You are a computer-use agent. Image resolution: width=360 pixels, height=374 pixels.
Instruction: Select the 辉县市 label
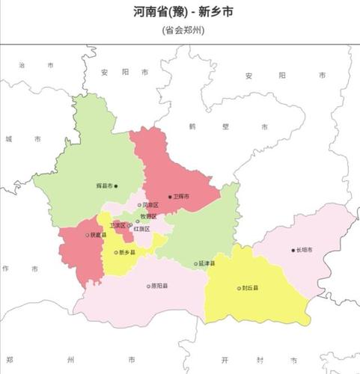point(104,186)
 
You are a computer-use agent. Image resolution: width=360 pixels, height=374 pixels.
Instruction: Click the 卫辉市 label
point(181,197)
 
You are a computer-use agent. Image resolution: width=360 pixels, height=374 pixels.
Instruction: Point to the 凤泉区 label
point(150,205)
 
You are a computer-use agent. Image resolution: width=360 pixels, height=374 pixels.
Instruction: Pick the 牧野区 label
point(149,216)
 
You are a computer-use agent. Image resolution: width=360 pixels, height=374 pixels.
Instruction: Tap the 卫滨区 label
point(118,225)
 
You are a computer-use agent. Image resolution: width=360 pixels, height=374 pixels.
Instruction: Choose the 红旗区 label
point(142,229)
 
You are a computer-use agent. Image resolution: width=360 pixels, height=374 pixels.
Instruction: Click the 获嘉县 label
point(98,235)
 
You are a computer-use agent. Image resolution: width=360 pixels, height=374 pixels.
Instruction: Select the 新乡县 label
point(127,253)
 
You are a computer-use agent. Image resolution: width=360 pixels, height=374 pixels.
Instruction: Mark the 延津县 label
point(207,263)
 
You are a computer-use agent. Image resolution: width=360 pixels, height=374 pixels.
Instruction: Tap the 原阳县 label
point(159,286)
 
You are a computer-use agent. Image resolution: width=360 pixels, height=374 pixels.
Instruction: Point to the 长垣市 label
point(305,250)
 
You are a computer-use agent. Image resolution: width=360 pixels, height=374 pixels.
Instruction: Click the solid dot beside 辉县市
point(115,186)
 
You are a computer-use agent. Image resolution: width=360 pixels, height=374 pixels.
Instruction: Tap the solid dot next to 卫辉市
point(170,197)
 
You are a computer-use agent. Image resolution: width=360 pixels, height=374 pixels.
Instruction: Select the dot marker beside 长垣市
point(293,250)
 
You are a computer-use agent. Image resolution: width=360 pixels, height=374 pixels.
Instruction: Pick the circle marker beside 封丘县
point(239,288)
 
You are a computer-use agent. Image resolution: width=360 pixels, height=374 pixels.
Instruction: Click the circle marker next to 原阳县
point(148,286)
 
